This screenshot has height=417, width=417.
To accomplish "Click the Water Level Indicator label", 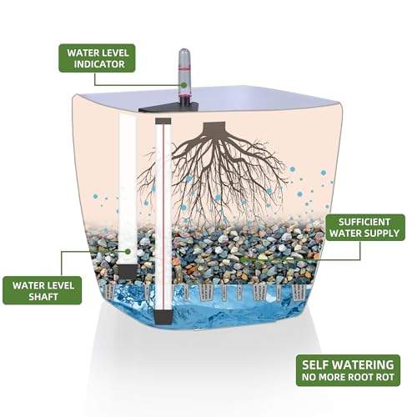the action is [97, 58].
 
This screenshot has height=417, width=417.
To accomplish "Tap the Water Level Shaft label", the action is [43, 290].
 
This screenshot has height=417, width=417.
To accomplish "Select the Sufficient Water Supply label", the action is [364, 228].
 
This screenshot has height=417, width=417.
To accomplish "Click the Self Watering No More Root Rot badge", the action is [348, 370].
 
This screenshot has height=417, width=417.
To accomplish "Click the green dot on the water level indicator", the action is [183, 85].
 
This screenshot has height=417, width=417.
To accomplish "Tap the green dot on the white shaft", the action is [128, 252].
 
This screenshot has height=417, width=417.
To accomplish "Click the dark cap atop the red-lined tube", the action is [163, 121].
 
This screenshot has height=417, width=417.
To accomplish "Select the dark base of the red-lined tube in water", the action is [163, 318].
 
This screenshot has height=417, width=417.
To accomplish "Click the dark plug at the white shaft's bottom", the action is [128, 271].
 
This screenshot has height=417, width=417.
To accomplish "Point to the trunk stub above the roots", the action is [214, 128].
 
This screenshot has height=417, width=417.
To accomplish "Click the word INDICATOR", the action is [99, 64].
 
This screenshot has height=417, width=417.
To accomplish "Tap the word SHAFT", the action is [43, 297].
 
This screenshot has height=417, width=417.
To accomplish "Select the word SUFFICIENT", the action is [364, 222].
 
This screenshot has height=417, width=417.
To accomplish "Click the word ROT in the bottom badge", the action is [385, 377].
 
